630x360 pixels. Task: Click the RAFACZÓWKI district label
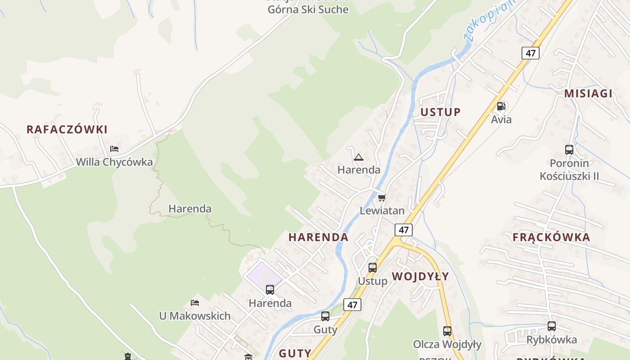67,130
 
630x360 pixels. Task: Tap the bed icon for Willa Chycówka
114,149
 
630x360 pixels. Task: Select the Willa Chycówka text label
114,162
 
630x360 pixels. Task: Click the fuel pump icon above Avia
501,107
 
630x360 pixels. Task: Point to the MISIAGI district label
589,94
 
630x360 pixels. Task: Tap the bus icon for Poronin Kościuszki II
569,150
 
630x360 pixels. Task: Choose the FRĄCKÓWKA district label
551,237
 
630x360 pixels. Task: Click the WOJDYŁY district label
420,276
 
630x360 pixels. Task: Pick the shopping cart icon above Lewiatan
382,198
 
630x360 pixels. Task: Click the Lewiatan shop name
382,211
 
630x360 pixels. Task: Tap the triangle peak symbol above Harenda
358,157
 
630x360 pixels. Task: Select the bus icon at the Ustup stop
373,268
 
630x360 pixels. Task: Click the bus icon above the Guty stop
325,316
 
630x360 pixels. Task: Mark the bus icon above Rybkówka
552,326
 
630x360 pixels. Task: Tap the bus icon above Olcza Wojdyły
447,331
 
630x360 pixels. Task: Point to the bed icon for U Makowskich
195,303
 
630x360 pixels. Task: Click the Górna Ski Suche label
308,9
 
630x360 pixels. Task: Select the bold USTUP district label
441,112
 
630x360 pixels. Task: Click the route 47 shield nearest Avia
531,53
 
